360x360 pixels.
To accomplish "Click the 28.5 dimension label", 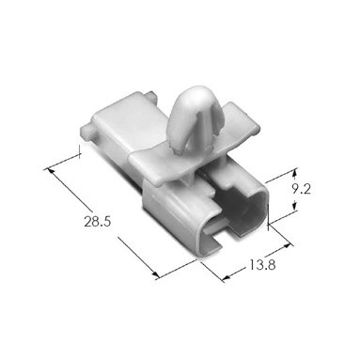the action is point(98,222).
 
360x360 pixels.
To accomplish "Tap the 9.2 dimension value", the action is point(301,189).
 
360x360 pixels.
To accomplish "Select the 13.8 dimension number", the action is point(262,265).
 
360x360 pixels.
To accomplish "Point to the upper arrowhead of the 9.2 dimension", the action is point(294,173).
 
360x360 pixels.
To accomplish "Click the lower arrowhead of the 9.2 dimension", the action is point(294,207).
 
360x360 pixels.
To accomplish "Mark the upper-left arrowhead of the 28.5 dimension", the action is point(50,171).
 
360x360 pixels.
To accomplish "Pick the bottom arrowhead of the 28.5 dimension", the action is point(155,274).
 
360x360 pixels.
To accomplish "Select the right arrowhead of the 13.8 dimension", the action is point(286,246).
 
